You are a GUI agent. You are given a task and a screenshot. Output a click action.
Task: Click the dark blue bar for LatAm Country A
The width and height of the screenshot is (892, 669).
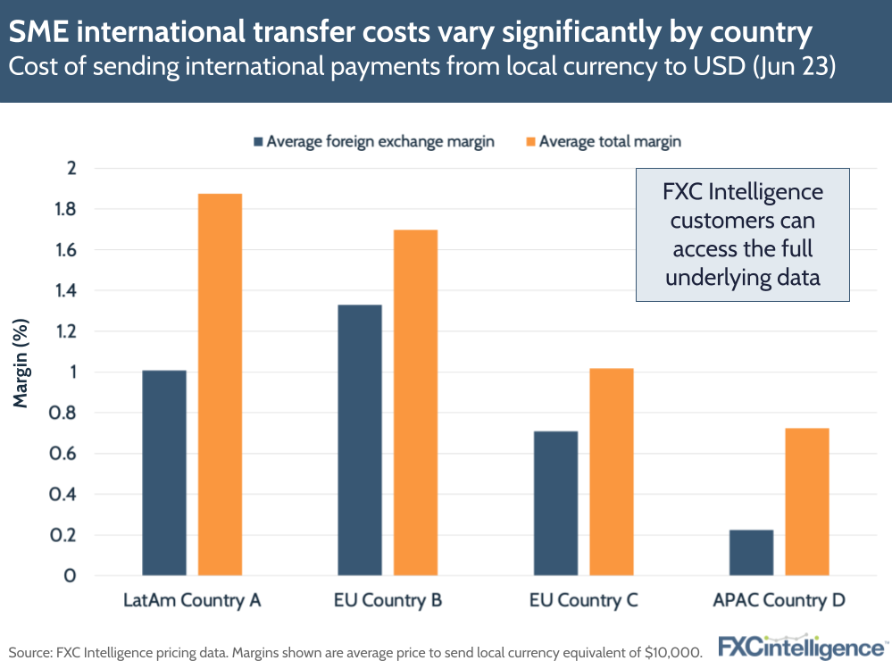[164, 472]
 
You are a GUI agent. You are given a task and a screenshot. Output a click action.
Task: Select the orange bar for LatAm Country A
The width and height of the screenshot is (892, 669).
[220, 384]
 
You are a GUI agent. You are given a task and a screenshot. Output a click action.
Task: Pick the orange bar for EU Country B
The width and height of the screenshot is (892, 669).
[415, 402]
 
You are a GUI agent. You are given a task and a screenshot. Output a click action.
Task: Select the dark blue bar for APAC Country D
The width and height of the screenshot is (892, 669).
[751, 553]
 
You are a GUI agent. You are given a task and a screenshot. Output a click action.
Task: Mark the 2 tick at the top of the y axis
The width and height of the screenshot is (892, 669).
[72, 168]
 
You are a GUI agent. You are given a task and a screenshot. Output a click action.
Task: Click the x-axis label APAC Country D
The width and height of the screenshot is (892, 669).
[779, 600]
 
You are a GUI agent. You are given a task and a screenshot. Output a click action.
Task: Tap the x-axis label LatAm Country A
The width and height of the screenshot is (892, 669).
[192, 600]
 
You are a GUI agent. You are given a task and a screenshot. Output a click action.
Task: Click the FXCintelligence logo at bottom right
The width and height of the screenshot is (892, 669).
[803, 647]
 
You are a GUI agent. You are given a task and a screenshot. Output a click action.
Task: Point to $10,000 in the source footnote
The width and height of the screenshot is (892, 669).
[672, 651]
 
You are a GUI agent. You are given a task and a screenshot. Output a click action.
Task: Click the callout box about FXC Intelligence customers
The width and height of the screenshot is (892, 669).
[742, 235]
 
